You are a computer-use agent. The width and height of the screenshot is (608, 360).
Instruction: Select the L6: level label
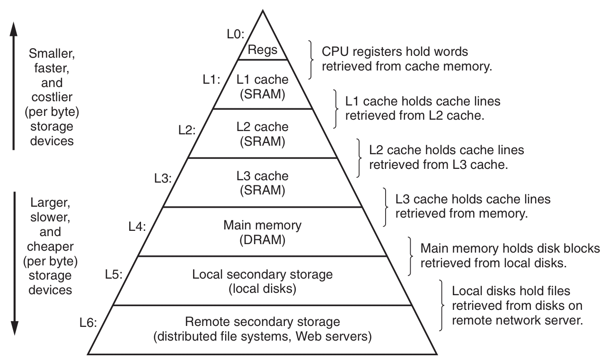point(88,324)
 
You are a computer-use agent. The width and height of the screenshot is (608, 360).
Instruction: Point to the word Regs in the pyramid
point(263,50)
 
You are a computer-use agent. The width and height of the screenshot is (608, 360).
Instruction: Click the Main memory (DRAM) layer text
point(262,232)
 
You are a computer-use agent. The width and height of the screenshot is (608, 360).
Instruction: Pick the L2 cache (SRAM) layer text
point(263,134)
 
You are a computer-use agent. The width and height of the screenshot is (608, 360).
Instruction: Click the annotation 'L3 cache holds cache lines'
point(473,199)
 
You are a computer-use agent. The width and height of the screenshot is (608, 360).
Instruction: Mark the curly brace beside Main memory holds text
point(410,255)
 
